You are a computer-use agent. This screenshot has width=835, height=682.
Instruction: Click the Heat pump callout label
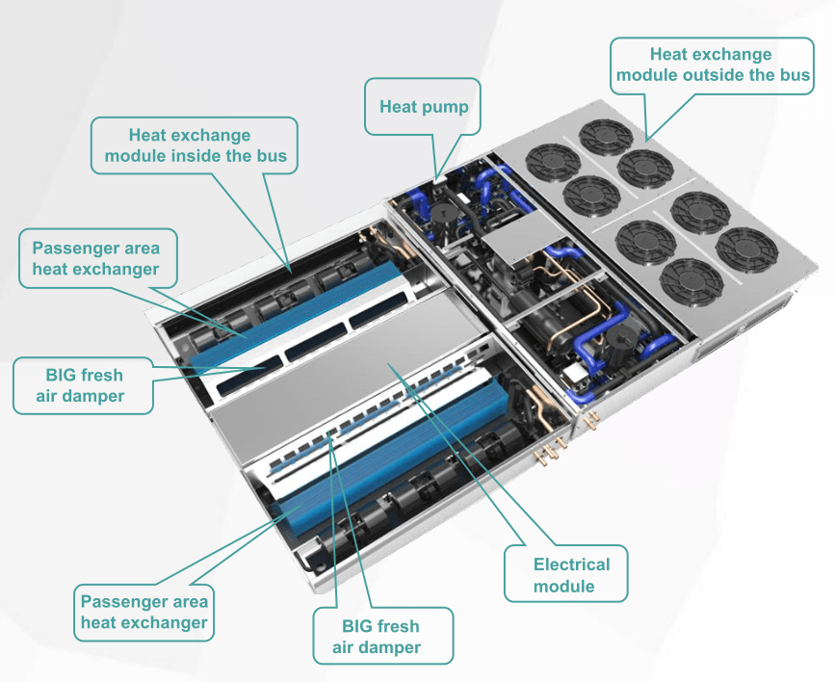(x=423, y=106)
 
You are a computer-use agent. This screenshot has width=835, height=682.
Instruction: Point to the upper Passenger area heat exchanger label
(x=95, y=258)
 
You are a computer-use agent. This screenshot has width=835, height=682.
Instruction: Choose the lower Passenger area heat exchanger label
(x=144, y=612)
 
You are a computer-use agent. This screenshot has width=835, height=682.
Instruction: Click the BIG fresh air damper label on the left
(x=83, y=385)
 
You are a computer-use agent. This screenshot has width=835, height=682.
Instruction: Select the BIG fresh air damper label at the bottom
(x=382, y=636)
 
